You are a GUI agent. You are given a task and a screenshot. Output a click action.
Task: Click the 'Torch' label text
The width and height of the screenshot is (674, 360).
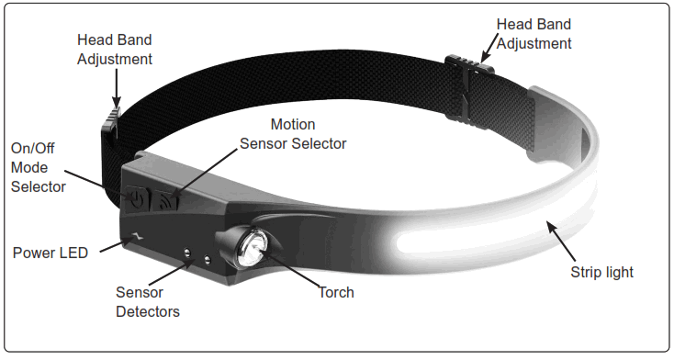335,292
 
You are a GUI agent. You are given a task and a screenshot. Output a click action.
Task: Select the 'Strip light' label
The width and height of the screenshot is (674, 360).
601,273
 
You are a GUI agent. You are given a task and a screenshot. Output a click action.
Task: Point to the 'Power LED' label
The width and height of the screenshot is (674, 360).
51,253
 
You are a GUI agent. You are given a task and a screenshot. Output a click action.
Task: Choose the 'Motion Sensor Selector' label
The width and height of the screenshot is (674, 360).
293,134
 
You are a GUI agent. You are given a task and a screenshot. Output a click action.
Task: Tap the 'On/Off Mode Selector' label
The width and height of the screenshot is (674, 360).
38,167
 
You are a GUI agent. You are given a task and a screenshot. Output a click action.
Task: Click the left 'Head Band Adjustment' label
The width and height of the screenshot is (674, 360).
115,51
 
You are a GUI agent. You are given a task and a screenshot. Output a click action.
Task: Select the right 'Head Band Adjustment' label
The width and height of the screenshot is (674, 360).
534,33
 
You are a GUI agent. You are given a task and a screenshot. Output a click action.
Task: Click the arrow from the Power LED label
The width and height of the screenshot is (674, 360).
113,244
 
